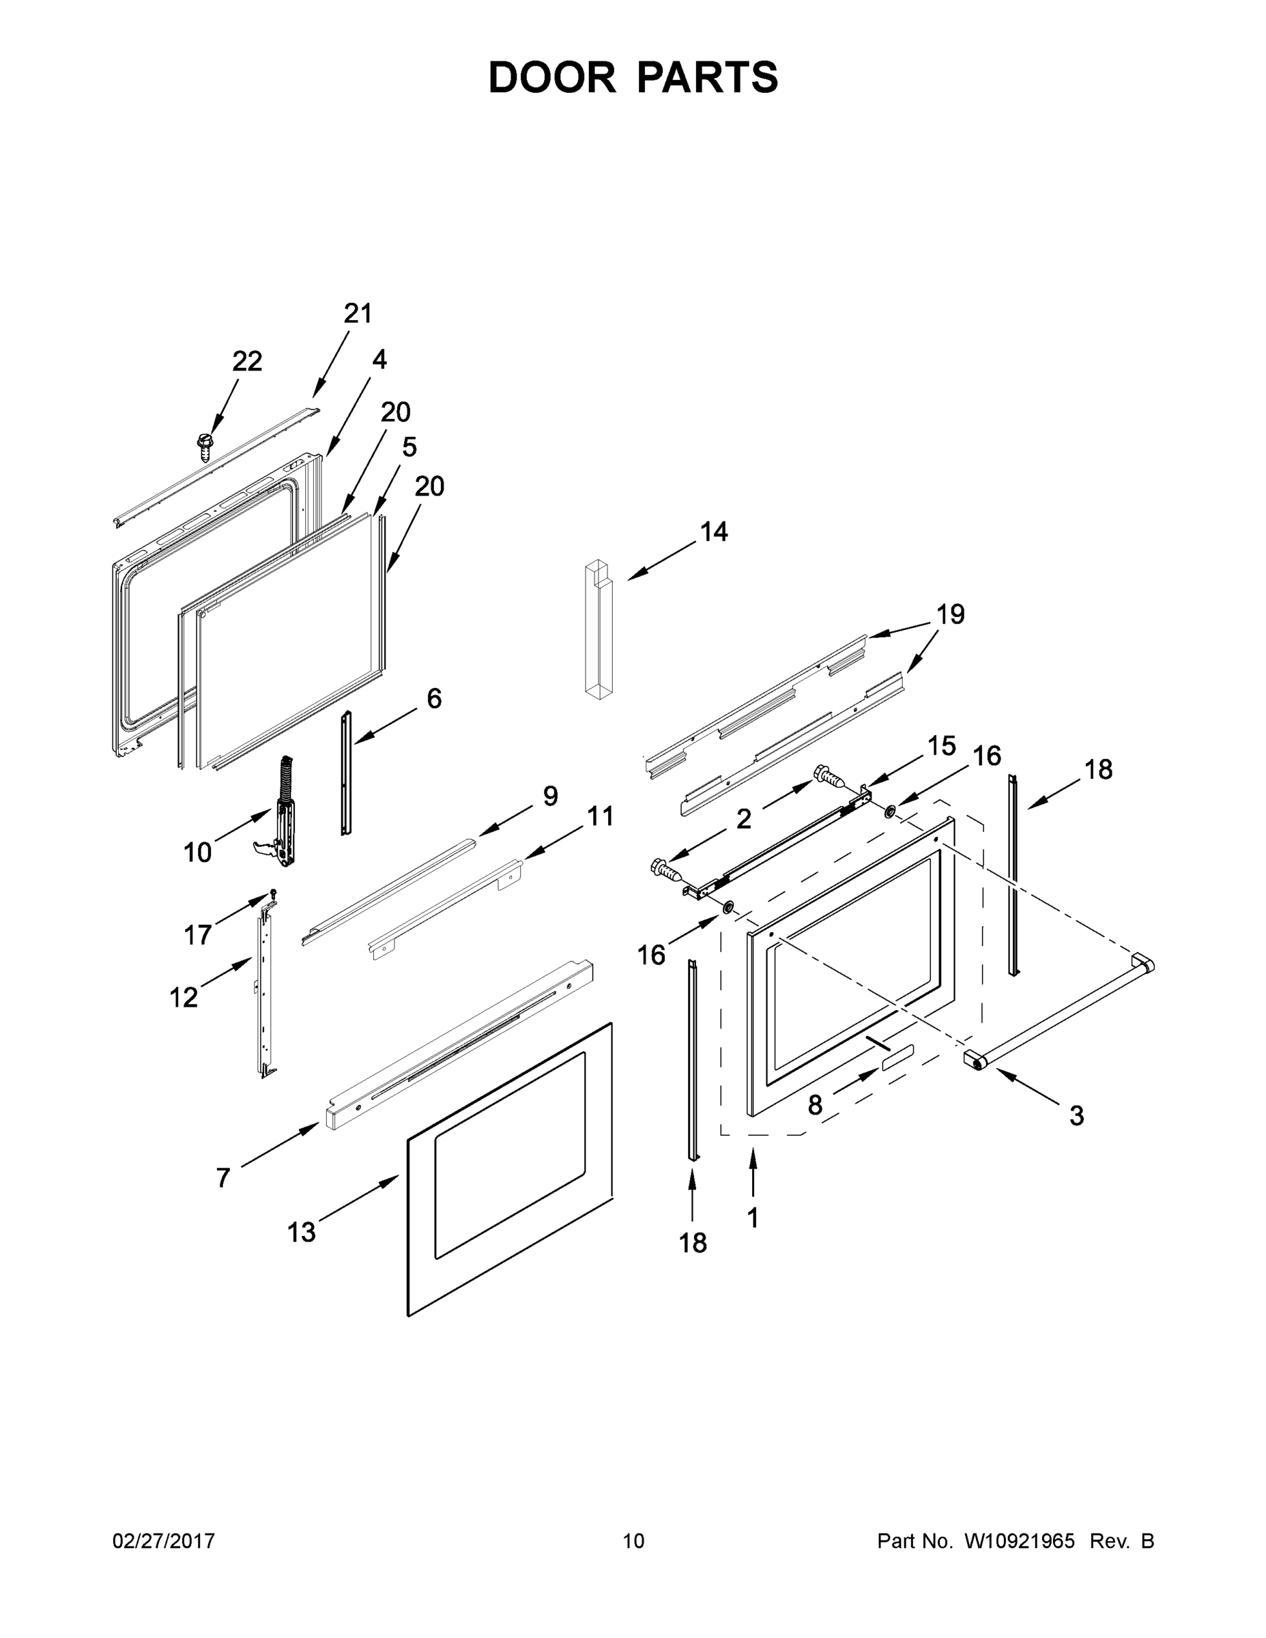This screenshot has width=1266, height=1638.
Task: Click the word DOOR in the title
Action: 552,77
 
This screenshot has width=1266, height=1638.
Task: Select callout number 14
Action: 713,532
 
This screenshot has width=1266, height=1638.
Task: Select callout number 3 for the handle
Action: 1076,1116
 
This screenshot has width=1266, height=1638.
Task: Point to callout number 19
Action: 950,614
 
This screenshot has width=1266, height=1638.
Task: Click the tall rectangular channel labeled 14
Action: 599,630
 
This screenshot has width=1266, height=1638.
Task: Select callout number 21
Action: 358,313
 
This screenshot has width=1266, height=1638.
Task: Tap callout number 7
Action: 222,1178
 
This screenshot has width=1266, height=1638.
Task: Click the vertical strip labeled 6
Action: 346,773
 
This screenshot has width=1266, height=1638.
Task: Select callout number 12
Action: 183,998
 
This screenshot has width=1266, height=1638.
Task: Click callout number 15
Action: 941,745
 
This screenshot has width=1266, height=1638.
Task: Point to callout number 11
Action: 600,816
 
